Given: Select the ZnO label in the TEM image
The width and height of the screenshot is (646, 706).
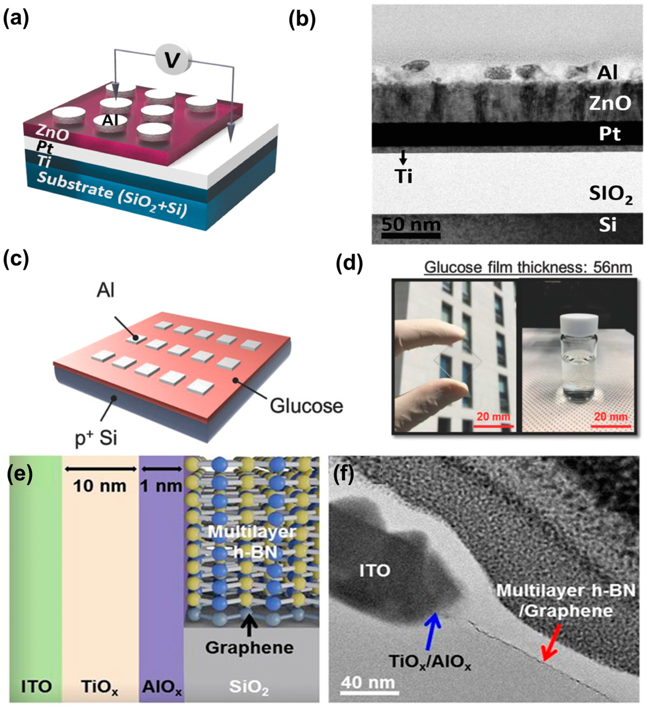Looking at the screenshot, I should click(x=610, y=104).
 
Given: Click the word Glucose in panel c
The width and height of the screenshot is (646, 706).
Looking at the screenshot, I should click(x=306, y=406).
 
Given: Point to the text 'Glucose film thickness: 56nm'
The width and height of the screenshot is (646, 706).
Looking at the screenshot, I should click(x=528, y=268).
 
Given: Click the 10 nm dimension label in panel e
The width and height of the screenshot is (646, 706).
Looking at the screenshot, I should click(x=100, y=486).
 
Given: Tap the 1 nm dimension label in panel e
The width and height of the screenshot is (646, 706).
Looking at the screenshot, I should click(x=161, y=486).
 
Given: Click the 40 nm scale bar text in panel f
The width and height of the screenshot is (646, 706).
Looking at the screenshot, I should click(x=368, y=682).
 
